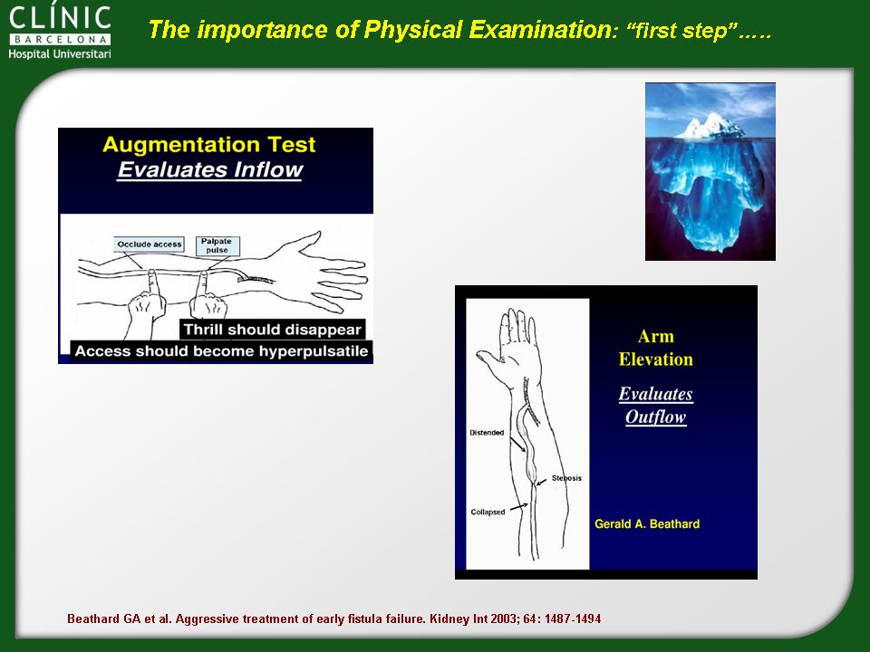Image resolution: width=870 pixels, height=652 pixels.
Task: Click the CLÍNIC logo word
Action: [60, 18]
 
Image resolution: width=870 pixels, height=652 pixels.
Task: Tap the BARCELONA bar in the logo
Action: [60, 39]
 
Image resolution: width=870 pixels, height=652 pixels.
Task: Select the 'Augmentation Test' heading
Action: [209, 145]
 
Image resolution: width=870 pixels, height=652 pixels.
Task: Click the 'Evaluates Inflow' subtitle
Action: [209, 169]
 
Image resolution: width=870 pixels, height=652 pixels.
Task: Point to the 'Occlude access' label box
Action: [150, 244]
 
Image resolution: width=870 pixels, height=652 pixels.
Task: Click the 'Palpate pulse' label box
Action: [217, 245]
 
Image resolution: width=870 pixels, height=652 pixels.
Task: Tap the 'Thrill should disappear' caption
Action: [273, 330]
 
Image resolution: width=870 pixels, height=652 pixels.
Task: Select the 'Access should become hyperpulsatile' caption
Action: [221, 351]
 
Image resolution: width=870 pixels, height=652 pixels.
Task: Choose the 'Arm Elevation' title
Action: [656, 348]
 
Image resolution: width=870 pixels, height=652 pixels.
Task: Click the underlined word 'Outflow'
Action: [656, 417]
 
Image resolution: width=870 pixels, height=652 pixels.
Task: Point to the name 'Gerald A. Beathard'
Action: [647, 524]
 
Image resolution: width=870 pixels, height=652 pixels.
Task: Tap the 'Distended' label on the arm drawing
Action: [487, 433]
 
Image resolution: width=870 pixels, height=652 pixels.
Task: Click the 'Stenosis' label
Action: [566, 478]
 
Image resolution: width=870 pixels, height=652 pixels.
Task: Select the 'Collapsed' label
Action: [488, 512]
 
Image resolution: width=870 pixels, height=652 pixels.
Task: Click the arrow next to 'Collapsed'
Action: [518, 507]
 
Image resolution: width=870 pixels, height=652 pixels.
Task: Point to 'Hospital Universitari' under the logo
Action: [60, 53]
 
